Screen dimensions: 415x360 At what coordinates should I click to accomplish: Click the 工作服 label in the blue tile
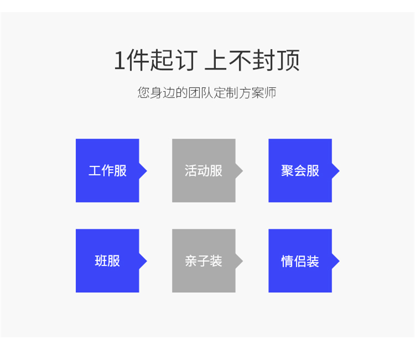coord(107,171)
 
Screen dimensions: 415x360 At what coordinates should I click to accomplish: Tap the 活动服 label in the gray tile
coord(203,171)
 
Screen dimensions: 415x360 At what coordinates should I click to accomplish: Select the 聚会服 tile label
coord(300,171)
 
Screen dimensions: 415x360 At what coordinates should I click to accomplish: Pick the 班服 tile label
coord(107,261)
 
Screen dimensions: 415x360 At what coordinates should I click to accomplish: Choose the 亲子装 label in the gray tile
coord(203,261)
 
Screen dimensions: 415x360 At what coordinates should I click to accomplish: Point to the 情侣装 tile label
coord(300,261)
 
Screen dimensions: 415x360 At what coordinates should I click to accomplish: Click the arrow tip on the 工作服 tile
coord(147,171)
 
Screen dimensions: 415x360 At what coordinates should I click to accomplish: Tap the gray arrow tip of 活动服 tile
coord(243,171)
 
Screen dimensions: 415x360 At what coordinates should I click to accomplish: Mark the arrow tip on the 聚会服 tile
coord(339,171)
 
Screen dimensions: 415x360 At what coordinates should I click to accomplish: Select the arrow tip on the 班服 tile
coord(147,261)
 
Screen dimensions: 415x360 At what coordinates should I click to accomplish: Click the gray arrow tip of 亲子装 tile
coord(243,261)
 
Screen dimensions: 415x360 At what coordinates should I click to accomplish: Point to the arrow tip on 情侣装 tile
coord(339,261)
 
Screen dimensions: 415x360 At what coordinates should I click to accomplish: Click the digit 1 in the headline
coord(119,60)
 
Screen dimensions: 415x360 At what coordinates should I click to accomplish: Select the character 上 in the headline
coord(215,60)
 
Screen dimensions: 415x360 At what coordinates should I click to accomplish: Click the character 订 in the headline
coord(187,60)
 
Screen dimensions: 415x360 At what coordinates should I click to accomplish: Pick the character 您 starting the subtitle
coord(144,93)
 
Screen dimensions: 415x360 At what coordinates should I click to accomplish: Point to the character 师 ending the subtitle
coord(270,93)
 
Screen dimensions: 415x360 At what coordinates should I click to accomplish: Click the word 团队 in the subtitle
coord(201,93)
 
